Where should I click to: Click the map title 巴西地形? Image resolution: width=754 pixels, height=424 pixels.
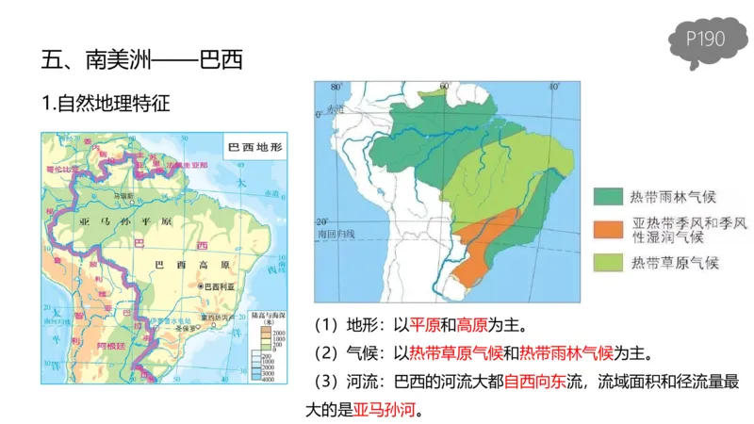point(257,148)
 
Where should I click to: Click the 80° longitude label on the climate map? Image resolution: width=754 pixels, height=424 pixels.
point(335,88)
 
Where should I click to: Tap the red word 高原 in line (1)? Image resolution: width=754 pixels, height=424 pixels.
point(472,325)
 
